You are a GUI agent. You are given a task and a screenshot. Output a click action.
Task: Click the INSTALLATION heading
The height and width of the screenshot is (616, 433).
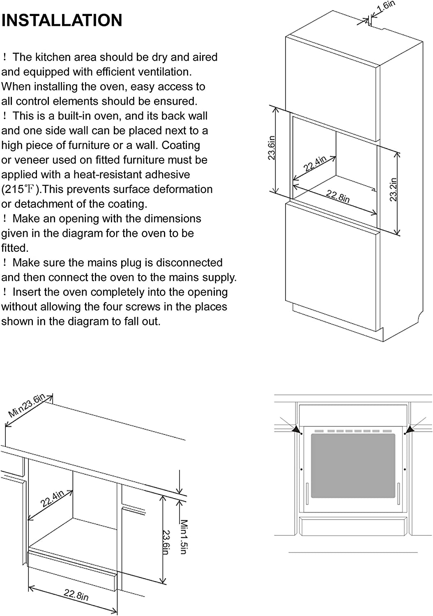pyautogui.click(x=62, y=20)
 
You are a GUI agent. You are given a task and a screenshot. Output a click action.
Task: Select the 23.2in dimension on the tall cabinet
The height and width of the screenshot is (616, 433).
pyautogui.click(x=394, y=189)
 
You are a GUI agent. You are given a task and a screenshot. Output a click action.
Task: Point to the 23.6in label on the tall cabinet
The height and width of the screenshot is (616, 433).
pyautogui.click(x=272, y=148)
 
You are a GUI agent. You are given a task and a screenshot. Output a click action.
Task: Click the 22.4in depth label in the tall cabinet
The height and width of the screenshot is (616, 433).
pyautogui.click(x=315, y=164)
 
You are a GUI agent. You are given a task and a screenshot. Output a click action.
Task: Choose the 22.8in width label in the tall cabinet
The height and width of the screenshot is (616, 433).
pyautogui.click(x=338, y=196)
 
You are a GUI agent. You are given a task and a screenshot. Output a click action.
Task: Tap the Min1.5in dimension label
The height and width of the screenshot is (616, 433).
pyautogui.click(x=184, y=537)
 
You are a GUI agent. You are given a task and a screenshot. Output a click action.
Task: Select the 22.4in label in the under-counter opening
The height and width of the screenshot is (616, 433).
pyautogui.click(x=52, y=499)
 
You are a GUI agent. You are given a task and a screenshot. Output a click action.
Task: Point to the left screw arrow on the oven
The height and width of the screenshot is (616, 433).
pyautogui.click(x=296, y=429)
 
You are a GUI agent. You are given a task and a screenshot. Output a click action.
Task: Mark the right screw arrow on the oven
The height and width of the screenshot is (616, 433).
pyautogui.click(x=409, y=430)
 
